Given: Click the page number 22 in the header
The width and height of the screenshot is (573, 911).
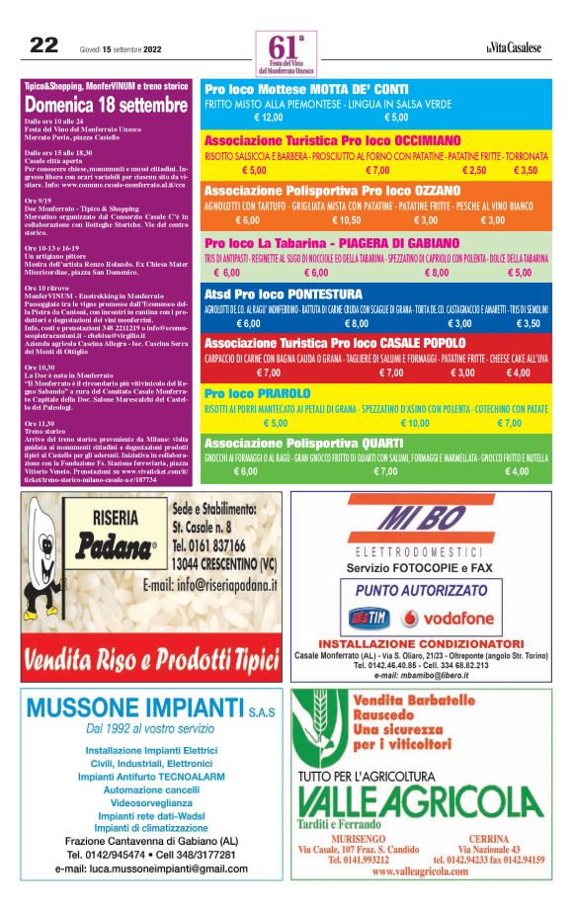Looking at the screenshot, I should point(41,44).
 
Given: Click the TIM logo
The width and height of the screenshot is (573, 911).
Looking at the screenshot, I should point(370,619).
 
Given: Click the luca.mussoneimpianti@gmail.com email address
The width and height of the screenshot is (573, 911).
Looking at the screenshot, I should point(151,869).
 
